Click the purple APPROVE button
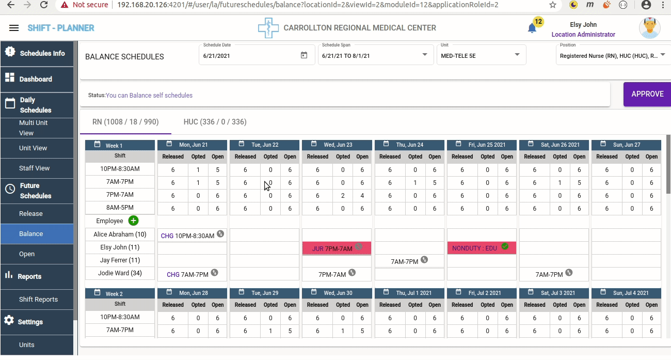click(x=647, y=94)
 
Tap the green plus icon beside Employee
click(x=133, y=221)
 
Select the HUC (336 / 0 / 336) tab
click(x=215, y=122)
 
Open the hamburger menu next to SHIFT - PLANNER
click(x=14, y=28)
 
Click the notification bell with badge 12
click(x=532, y=28)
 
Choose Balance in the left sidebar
click(x=31, y=233)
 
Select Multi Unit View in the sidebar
click(x=34, y=128)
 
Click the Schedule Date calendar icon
click(x=304, y=55)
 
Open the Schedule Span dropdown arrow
click(x=425, y=55)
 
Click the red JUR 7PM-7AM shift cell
click(x=337, y=248)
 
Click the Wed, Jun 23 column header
click(x=337, y=145)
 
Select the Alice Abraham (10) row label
click(x=120, y=234)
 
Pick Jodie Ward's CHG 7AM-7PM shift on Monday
click(x=187, y=274)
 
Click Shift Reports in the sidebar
click(x=38, y=299)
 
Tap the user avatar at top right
click(x=649, y=28)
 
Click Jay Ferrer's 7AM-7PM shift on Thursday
click(x=404, y=261)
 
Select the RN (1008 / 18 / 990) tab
click(x=125, y=122)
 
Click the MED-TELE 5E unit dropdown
click(x=481, y=55)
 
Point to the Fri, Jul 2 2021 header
click(x=482, y=293)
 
